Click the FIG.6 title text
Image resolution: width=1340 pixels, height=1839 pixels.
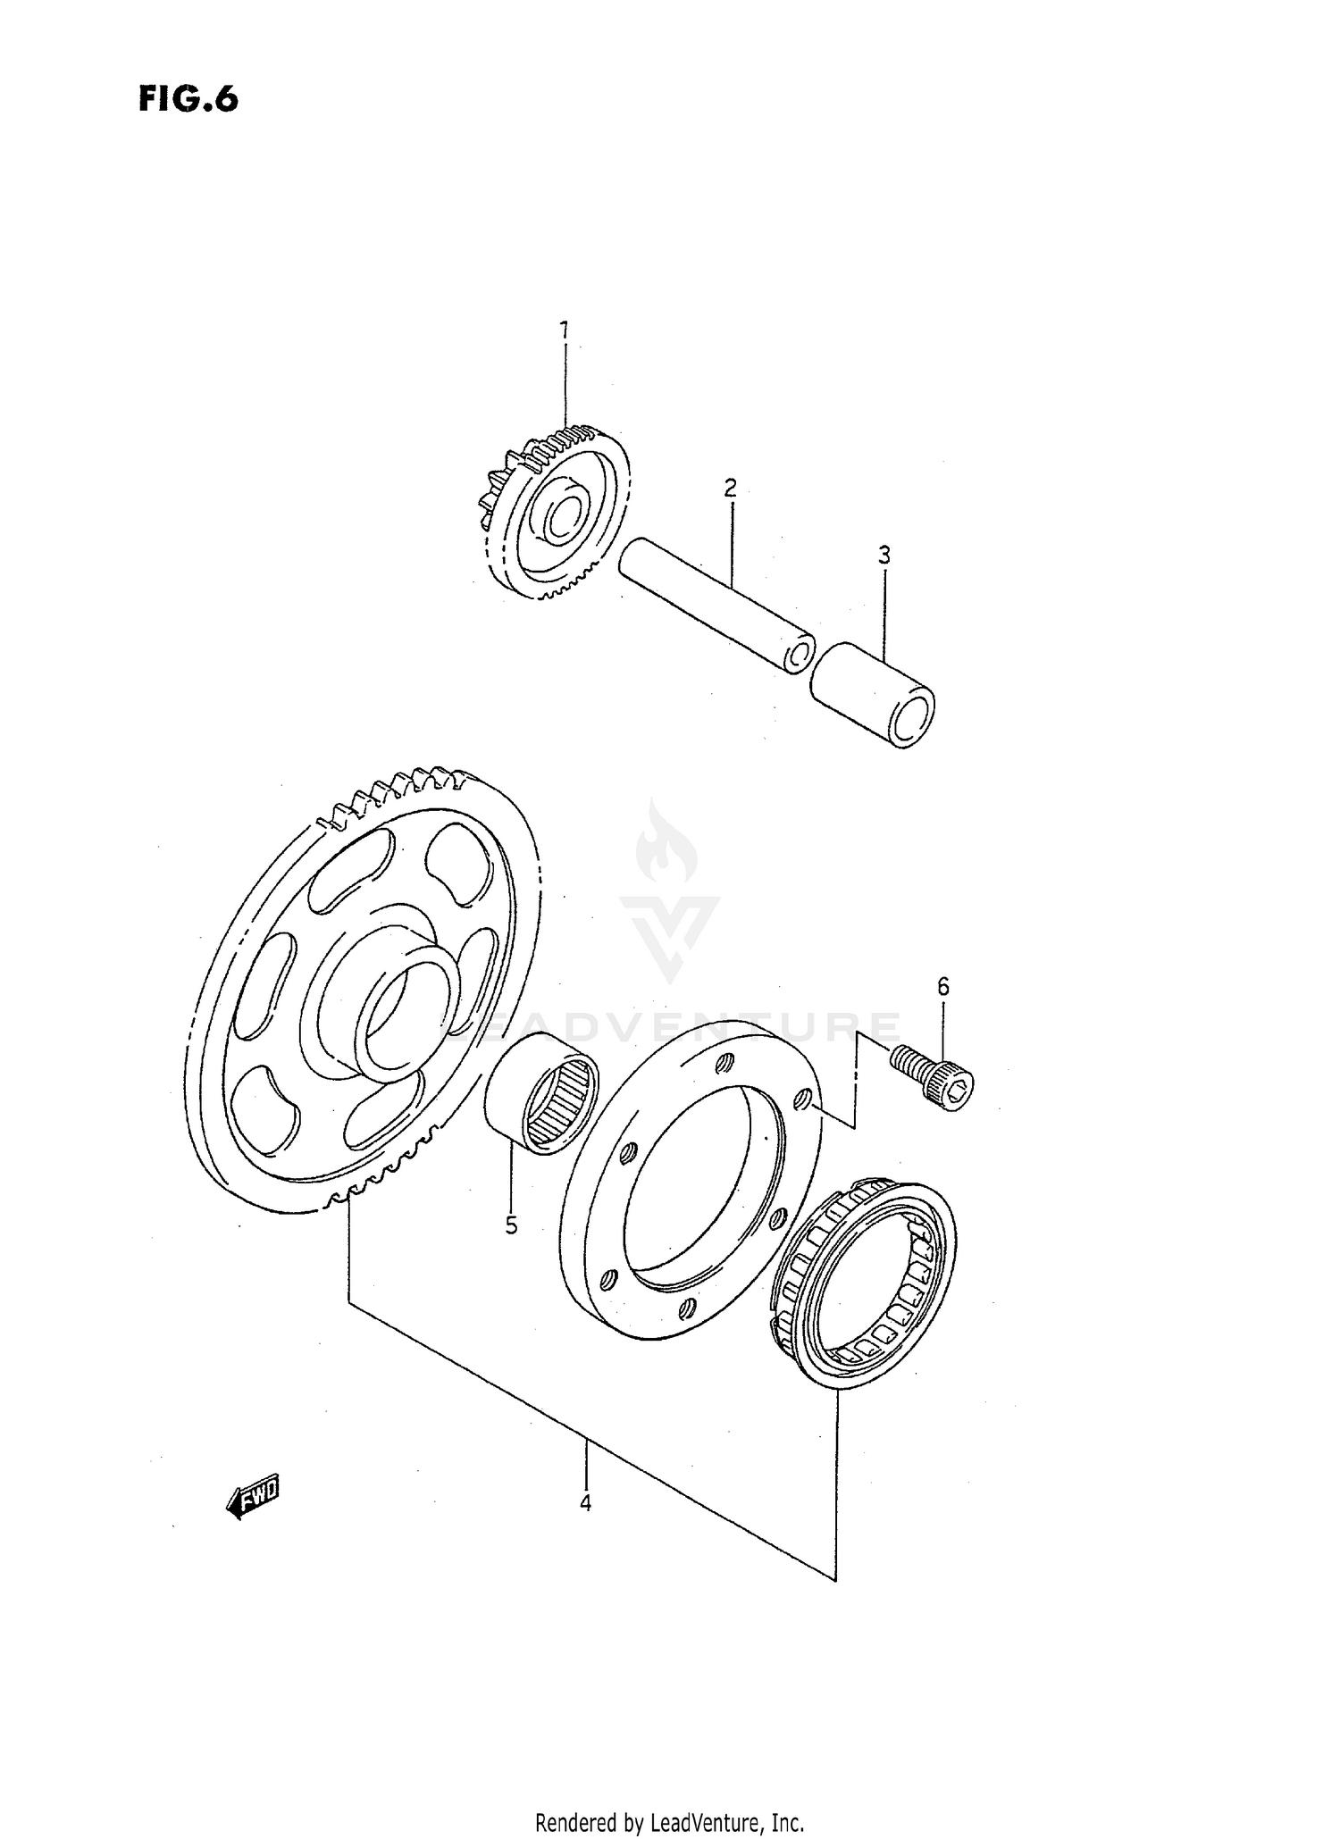[188, 99]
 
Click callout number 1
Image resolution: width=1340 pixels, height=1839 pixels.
[564, 330]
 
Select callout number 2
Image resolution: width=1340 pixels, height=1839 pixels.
[730, 488]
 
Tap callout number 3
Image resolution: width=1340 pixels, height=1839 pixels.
[884, 556]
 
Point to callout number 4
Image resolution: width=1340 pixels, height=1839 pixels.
[585, 1503]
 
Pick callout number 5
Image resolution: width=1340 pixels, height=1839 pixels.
[511, 1226]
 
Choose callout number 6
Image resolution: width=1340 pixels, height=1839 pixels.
[942, 987]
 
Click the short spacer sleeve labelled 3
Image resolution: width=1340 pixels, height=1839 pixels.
[871, 692]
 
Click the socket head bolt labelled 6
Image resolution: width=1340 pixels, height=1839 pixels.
[934, 1077]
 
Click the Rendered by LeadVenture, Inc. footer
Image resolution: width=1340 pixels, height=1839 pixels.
[669, 1822]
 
